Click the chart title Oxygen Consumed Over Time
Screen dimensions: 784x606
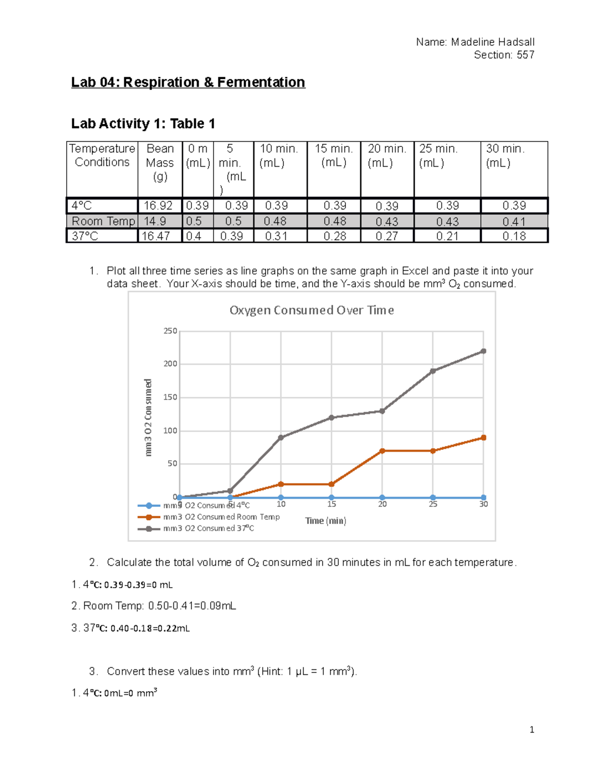click(x=312, y=310)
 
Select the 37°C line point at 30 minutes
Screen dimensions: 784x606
click(x=483, y=351)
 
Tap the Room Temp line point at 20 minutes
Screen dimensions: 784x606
click(x=382, y=451)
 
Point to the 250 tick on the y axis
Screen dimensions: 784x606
click(x=170, y=331)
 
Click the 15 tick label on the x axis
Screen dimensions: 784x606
click(x=331, y=504)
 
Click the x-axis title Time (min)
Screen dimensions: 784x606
click(x=325, y=520)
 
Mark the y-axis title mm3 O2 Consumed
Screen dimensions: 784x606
click(x=148, y=417)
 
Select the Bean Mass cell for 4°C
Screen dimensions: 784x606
click(x=159, y=206)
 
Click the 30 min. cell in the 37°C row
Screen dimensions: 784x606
click(x=514, y=236)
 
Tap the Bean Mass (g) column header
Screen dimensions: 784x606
click(x=160, y=163)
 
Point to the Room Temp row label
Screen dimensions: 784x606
click(x=103, y=221)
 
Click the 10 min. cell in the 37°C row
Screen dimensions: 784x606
click(x=276, y=236)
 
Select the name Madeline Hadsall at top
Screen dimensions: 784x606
click(x=492, y=42)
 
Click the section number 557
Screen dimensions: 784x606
click(x=525, y=55)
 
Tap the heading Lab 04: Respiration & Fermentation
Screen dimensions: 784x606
click(x=188, y=82)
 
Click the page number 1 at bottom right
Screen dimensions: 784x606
click(x=532, y=729)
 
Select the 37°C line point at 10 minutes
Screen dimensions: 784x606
click(x=281, y=438)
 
